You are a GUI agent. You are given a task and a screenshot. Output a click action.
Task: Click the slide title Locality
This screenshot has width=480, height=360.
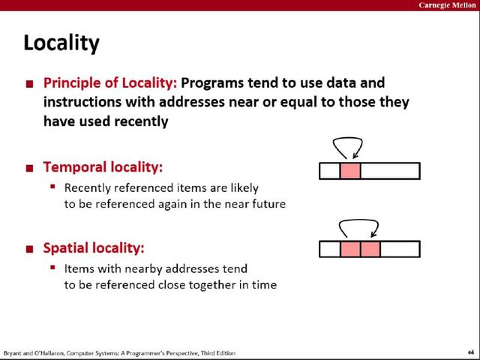coord(61,43)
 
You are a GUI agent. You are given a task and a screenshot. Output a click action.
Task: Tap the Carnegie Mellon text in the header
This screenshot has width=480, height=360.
coord(447,5)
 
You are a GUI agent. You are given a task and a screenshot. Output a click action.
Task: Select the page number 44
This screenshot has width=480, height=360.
coord(471,352)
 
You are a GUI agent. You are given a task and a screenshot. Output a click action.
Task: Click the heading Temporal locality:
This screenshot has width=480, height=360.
coord(103,167)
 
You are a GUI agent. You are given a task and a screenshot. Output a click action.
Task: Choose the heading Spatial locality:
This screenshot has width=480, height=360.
coord(94,248)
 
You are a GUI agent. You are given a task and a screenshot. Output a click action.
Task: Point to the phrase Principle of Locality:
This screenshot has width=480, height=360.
coord(110,83)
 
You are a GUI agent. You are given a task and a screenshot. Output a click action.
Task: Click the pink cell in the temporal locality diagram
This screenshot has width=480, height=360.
coord(350,171)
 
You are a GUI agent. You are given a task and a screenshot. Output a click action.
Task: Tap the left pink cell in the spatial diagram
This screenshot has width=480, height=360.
coord(350,249)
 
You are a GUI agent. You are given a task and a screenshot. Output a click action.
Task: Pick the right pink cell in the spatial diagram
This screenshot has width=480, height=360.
coord(370,249)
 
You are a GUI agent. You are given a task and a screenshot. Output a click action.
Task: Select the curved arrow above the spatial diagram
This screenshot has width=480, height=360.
coord(358,220)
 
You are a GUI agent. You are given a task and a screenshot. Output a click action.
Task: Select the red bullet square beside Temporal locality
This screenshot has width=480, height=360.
coord(30,168)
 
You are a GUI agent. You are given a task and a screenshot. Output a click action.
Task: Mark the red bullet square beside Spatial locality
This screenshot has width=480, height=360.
coord(30,249)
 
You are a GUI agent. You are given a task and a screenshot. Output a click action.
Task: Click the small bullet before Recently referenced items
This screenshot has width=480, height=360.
coord(52,186)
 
